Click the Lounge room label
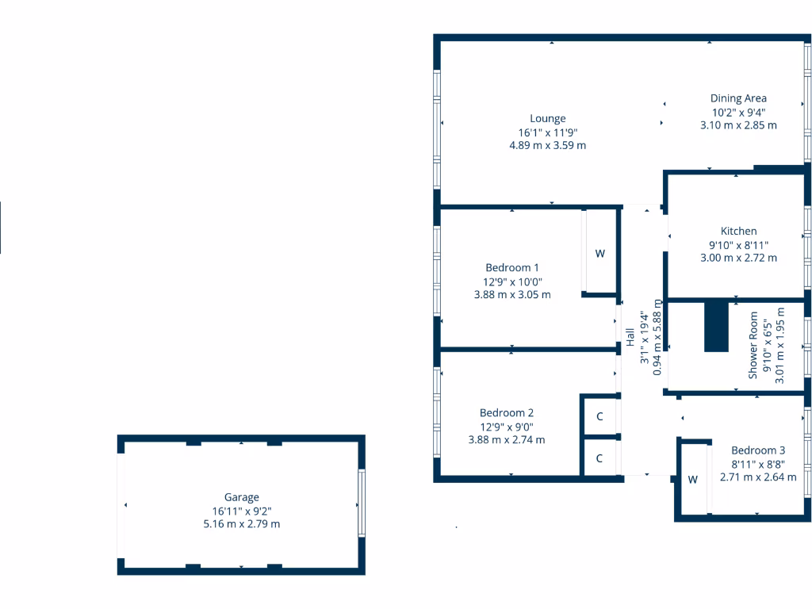547,119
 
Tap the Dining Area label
737,98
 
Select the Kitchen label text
738,231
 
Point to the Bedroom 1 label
511,267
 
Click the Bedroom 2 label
506,412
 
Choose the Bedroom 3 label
758,450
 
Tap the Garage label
241,497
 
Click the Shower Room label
753,344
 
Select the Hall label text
630,337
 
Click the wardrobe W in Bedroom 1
600,254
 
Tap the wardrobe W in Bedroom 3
692,479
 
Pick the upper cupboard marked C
599,416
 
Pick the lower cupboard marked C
599,458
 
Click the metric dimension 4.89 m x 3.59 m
547,146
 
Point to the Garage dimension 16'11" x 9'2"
241,511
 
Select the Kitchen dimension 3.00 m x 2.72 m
738,258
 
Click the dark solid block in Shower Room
716,325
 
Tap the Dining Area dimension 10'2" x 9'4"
737,112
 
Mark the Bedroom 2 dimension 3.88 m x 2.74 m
506,440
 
